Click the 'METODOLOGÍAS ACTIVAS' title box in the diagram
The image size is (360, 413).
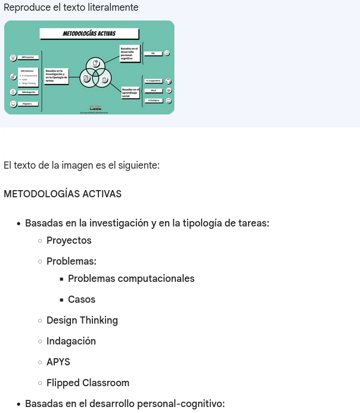tap(89, 34)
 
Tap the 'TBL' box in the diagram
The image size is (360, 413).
tap(153, 53)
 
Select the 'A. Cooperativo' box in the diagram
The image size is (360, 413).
tap(153, 80)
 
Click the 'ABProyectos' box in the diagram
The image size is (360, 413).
tap(28, 57)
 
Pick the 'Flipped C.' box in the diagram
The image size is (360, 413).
tap(28, 104)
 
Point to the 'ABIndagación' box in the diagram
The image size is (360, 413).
tap(28, 92)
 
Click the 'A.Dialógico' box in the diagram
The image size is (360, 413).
tap(153, 100)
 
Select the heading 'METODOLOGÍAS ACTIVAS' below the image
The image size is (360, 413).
tap(63, 194)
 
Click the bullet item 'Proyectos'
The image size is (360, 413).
tap(69, 240)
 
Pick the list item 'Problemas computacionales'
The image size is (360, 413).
tap(131, 278)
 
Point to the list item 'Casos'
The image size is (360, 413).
tap(82, 299)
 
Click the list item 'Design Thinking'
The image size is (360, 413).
tap(82, 320)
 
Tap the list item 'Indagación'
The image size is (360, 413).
tap(71, 341)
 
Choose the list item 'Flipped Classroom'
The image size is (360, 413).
tap(88, 383)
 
